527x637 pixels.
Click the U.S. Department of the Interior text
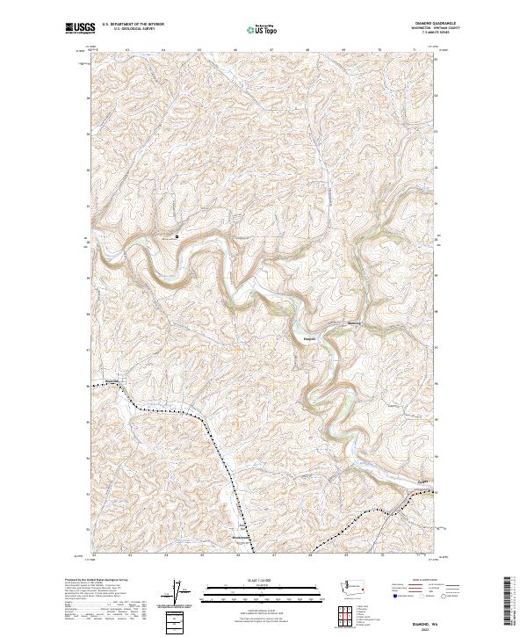(139, 24)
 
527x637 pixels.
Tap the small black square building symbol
(177, 235)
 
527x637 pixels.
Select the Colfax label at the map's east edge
(425, 481)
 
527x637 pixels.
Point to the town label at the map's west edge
(111, 380)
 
